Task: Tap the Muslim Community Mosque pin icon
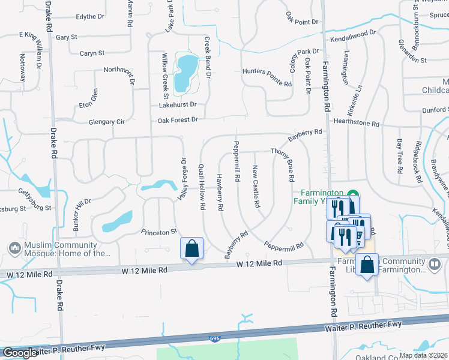tap(14, 248)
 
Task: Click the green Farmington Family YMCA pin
tap(354, 195)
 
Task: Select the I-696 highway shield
tap(215, 340)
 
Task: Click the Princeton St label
tap(159, 231)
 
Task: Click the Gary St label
tap(67, 37)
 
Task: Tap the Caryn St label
tap(92, 53)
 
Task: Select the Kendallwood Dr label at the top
tap(353, 37)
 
